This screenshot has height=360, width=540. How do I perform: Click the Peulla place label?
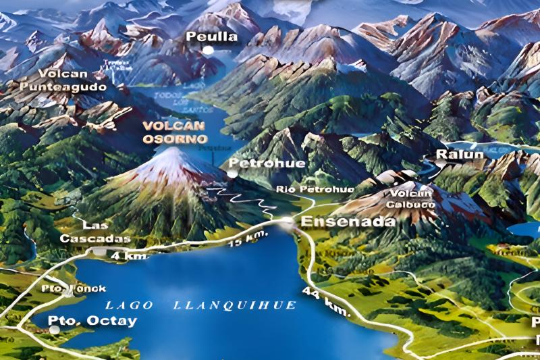pos(211,36)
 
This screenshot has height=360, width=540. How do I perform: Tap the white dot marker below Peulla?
pos(209,50)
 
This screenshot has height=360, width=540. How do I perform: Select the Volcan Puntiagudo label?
pos(72,80)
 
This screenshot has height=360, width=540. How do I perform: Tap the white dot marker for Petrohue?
pos(232,174)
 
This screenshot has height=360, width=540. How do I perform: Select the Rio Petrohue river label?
pos(315,189)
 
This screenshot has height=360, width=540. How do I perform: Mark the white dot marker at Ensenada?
pos(288,221)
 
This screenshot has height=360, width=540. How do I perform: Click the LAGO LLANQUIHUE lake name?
pos(201,305)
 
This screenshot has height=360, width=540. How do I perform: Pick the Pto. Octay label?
pos(92,321)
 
